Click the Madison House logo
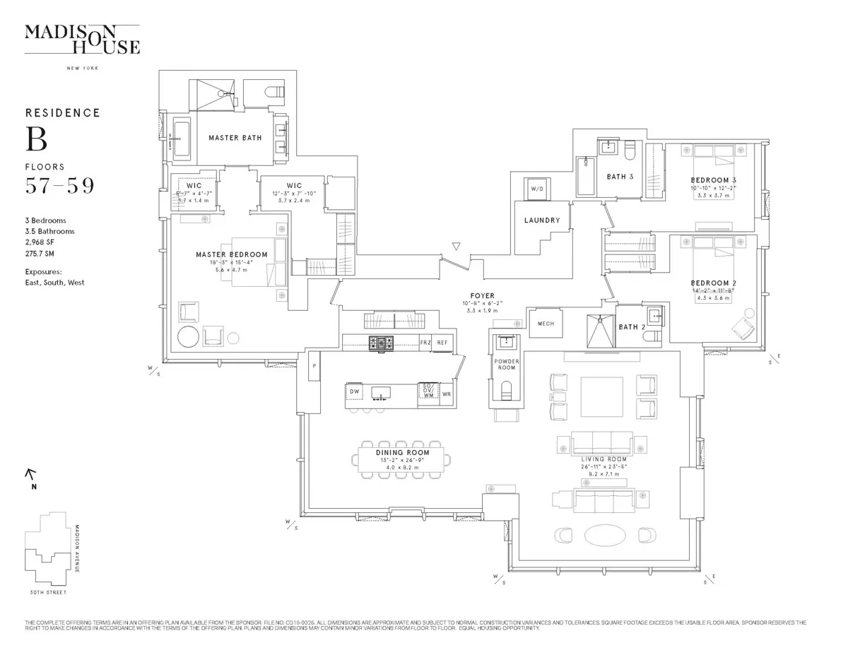click(x=82, y=38)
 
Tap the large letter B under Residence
click(x=37, y=139)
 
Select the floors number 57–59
click(x=59, y=186)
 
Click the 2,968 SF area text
click(x=40, y=242)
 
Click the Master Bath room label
click(x=235, y=138)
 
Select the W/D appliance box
click(x=535, y=189)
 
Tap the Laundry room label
click(x=542, y=220)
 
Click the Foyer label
click(x=483, y=295)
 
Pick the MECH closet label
click(x=546, y=324)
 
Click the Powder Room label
click(x=506, y=365)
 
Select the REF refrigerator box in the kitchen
click(x=442, y=343)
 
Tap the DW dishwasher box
click(x=355, y=390)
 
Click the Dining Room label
click(x=403, y=452)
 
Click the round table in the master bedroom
click(x=189, y=337)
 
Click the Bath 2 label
click(x=632, y=327)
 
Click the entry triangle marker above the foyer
click(x=457, y=247)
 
